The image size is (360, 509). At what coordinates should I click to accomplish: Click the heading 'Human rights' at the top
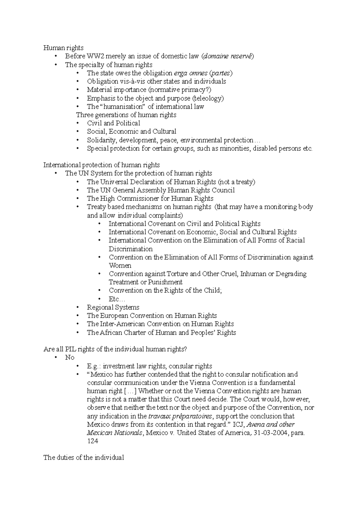click(x=63, y=48)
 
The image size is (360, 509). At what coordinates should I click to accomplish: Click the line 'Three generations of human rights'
click(x=126, y=115)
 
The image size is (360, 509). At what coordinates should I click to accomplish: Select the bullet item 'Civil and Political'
click(x=113, y=123)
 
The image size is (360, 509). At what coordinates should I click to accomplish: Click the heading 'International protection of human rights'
click(x=101, y=165)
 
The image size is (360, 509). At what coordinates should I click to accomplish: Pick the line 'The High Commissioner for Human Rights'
click(x=150, y=198)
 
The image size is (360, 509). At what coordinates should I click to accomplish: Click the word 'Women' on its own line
click(x=120, y=266)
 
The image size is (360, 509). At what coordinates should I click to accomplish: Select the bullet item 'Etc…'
click(x=117, y=299)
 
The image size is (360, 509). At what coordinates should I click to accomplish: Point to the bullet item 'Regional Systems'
click(x=113, y=307)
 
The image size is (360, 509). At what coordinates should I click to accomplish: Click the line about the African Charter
click(x=161, y=332)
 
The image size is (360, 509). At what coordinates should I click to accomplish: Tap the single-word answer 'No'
click(x=70, y=357)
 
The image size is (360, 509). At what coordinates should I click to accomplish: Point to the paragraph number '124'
click(x=93, y=441)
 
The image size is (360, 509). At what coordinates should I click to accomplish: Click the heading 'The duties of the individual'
click(x=84, y=458)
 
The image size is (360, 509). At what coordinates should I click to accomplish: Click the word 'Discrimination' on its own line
click(x=130, y=249)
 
